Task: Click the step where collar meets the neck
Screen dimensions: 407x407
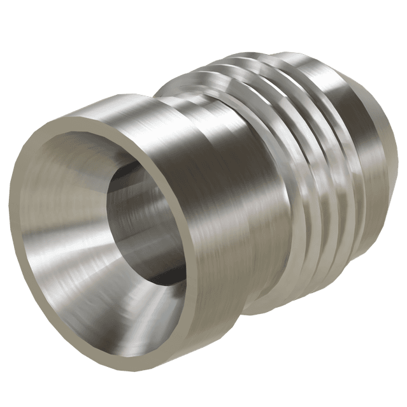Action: [x=162, y=102]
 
